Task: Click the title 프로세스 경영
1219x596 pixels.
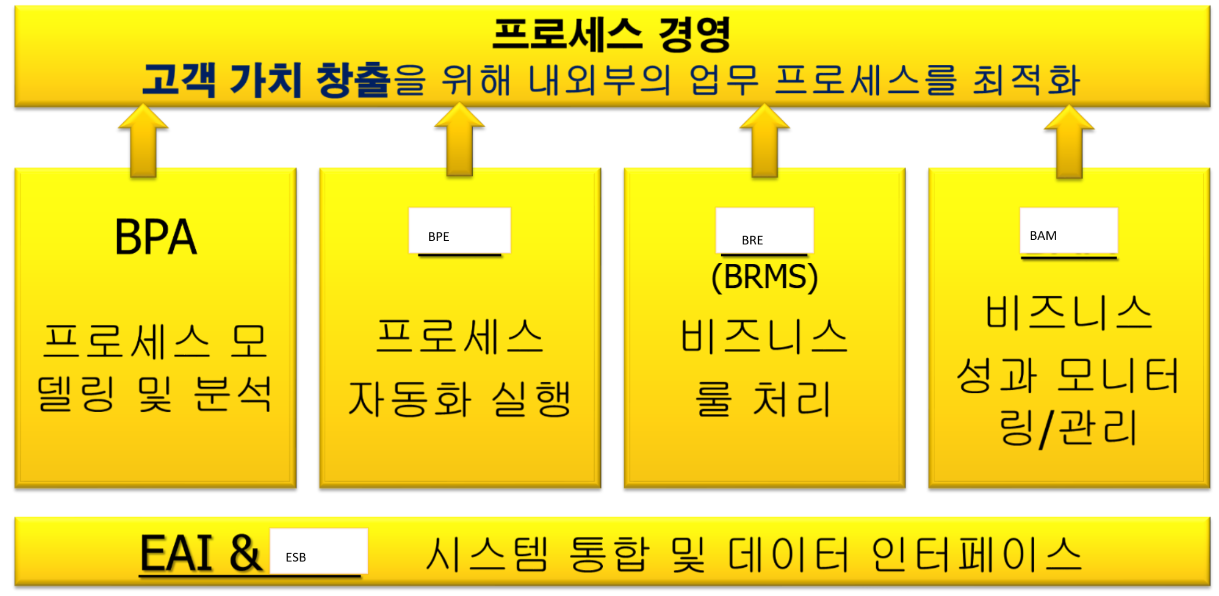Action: (611, 34)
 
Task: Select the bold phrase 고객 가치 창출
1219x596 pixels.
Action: (266, 80)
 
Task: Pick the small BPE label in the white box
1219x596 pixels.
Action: (438, 237)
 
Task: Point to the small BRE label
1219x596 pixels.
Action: (752, 240)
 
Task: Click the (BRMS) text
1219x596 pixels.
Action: (764, 277)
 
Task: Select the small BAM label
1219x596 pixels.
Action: (1043, 236)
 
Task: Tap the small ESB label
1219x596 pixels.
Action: (295, 557)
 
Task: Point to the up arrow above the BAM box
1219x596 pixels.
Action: (1069, 141)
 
